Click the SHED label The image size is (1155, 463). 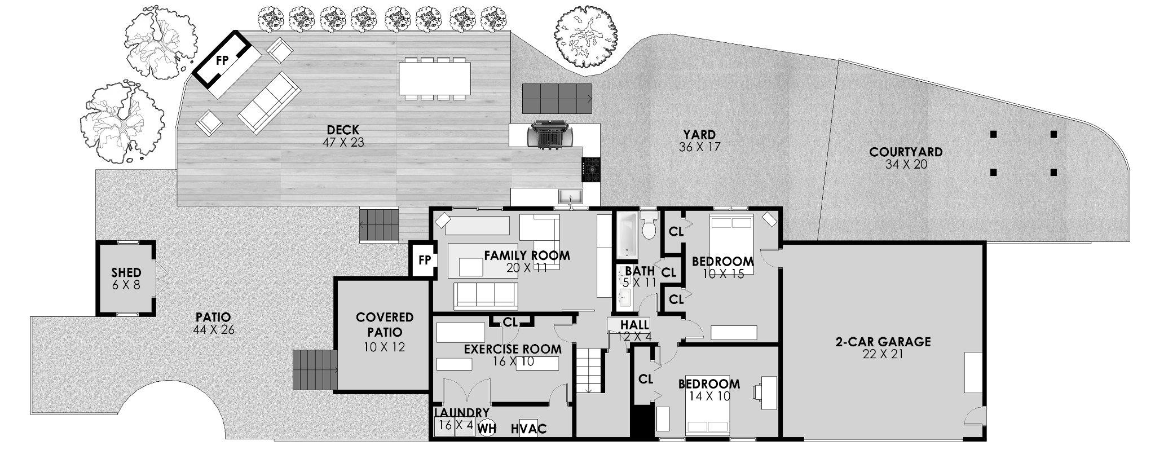pyautogui.click(x=126, y=273)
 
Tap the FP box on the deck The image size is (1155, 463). pyautogui.click(x=222, y=61)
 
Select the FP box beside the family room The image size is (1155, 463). pyautogui.click(x=424, y=260)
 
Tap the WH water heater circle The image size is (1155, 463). pyautogui.click(x=487, y=429)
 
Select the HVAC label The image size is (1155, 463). pyautogui.click(x=528, y=429)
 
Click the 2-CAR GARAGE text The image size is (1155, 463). pyautogui.click(x=883, y=342)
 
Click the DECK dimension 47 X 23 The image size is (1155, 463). pyautogui.click(x=343, y=143)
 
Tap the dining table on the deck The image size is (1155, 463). pyautogui.click(x=434, y=78)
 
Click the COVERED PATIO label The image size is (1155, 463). pyautogui.click(x=385, y=324)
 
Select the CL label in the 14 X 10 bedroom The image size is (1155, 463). pyautogui.click(x=646, y=379)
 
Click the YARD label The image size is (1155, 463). pyautogui.click(x=699, y=135)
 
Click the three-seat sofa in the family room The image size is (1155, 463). pyautogui.click(x=486, y=295)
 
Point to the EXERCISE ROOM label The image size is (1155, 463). pyautogui.click(x=512, y=349)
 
